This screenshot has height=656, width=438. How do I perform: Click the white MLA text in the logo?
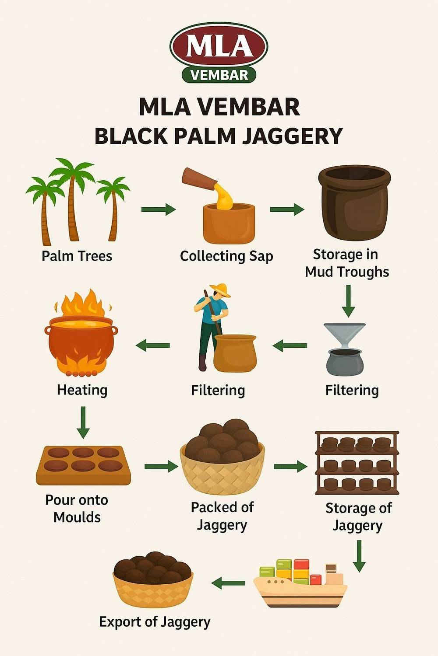coord(219,46)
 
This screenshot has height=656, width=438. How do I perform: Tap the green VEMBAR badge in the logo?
coord(219,75)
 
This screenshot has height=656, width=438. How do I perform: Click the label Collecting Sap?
coord(226,256)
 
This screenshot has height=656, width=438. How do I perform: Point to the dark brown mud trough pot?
coord(354,203)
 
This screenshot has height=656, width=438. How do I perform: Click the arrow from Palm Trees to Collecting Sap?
coord(159,209)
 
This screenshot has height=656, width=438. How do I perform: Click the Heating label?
coord(82,390)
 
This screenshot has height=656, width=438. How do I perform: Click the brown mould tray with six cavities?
coord(83,465)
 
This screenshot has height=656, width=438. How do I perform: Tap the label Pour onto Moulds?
coord(77,508)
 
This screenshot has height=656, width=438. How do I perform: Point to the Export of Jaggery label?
coord(155,622)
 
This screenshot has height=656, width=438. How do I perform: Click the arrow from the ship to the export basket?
coord(228,583)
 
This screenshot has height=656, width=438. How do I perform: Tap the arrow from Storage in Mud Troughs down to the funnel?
coord(348,301)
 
